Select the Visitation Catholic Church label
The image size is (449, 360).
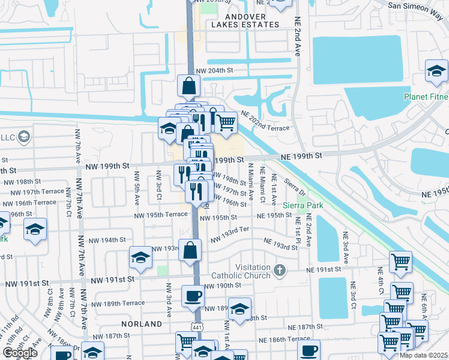(241, 271)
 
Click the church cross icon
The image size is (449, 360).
(279, 271)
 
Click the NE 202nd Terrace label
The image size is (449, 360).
(265, 121)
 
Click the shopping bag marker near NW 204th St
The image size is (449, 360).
(189, 87)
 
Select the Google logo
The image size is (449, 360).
(20, 353)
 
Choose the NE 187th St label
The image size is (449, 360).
(306, 328)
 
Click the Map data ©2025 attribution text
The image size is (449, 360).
(423, 355)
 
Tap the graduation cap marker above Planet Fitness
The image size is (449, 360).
(436, 72)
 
